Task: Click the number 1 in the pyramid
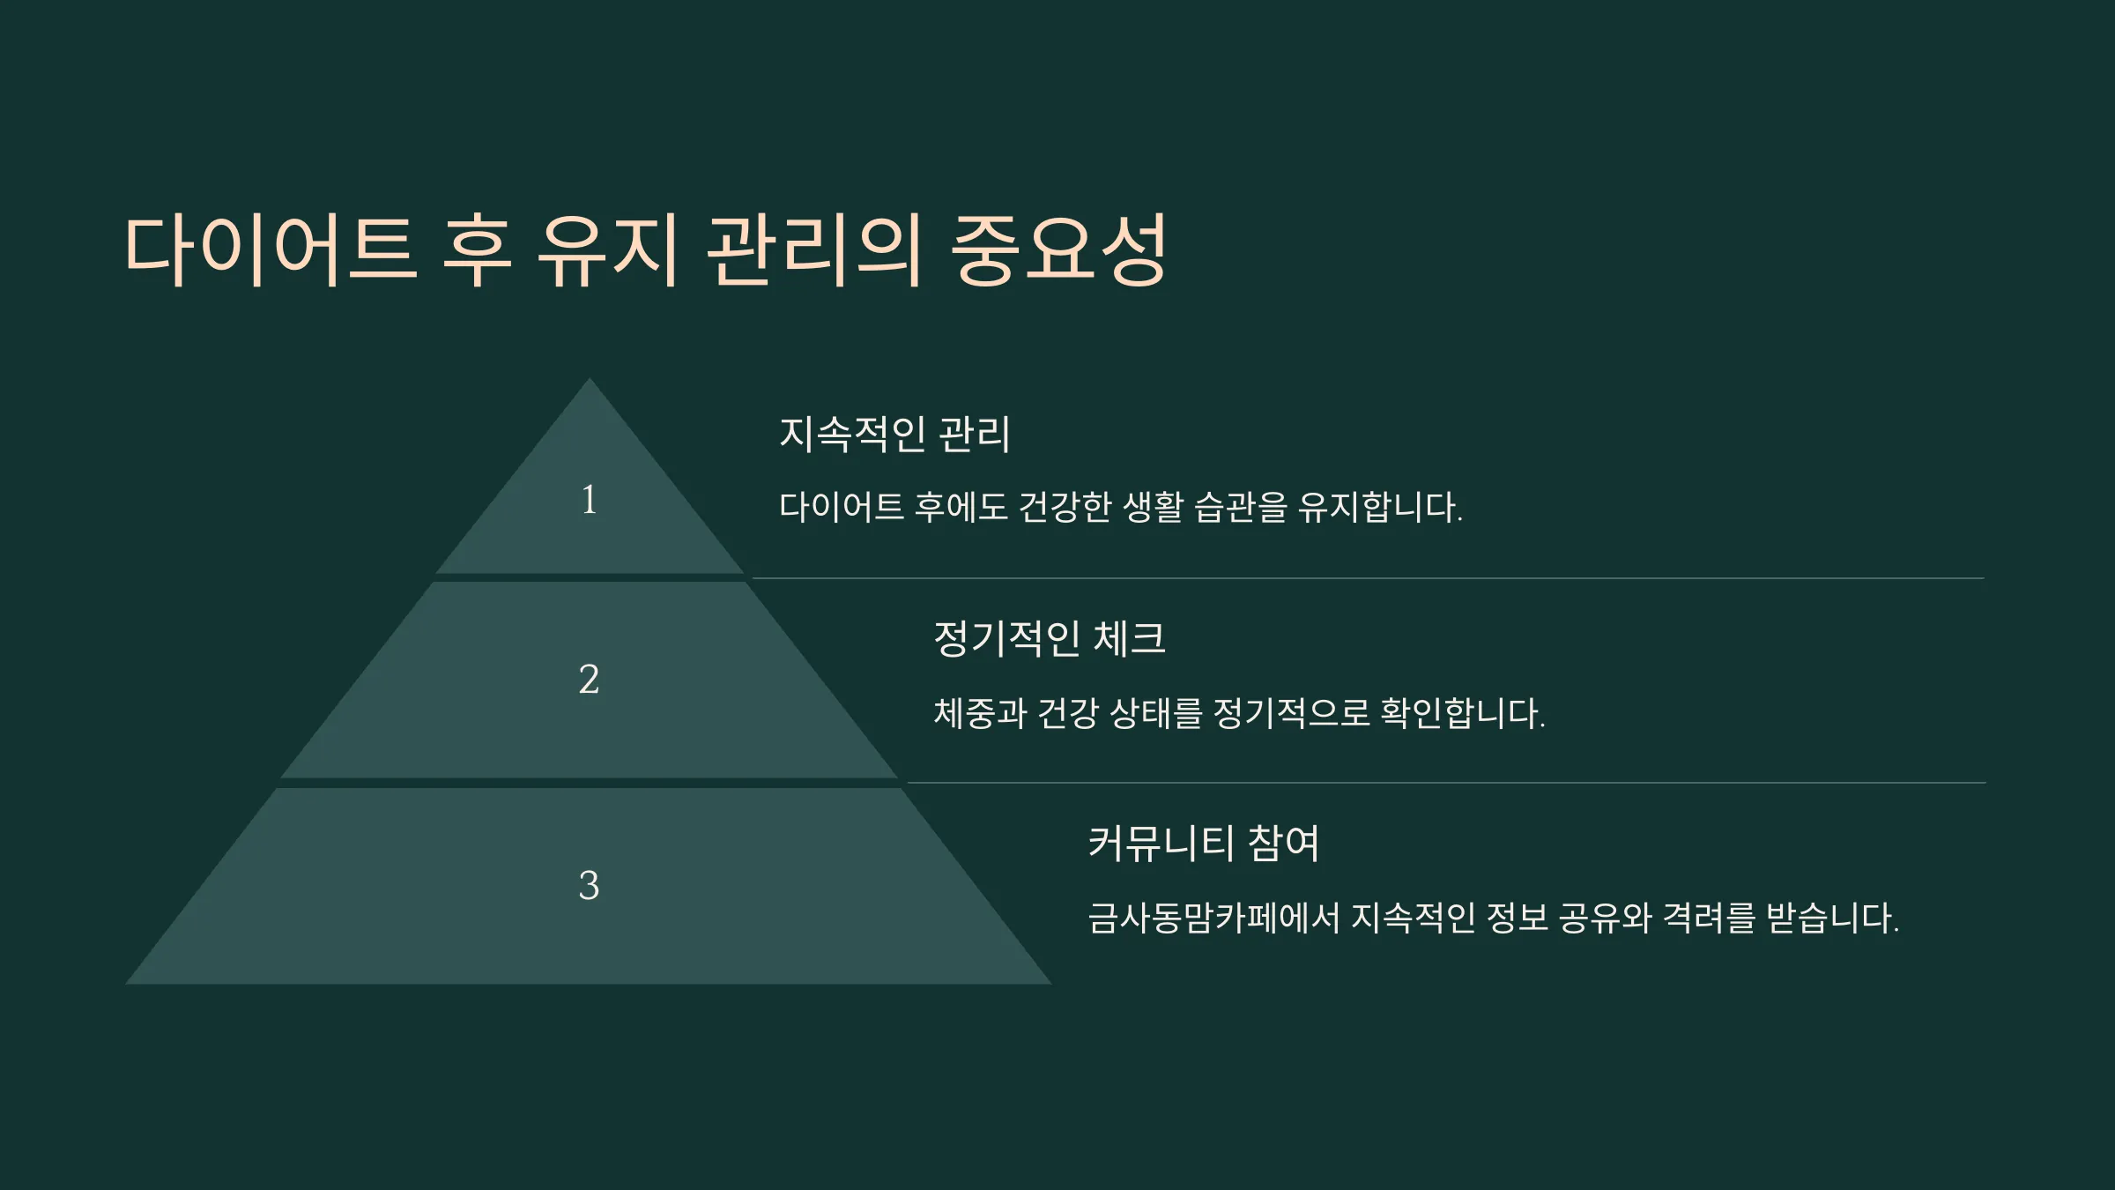tap(589, 500)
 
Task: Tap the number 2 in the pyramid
tap(589, 679)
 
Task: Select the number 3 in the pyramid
tap(589, 885)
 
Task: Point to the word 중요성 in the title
tap(1060, 249)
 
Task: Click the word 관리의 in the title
tap(813, 249)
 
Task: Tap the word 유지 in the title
tap(607, 249)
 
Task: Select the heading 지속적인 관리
tap(894, 434)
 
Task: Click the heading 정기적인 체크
tap(1050, 638)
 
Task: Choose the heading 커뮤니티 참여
tap(1204, 844)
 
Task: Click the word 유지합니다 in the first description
tap(1380, 507)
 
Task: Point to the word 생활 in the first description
tap(1154, 507)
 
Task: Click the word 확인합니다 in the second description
tap(1463, 713)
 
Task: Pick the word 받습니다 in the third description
tap(1832, 918)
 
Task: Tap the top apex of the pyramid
tap(590, 379)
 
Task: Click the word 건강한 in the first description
tap(1065, 507)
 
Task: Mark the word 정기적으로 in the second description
tap(1291, 713)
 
